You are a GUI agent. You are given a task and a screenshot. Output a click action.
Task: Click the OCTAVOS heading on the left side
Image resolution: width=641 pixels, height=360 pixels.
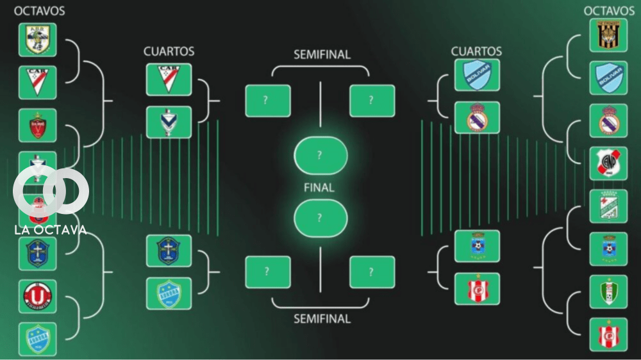(x=39, y=11)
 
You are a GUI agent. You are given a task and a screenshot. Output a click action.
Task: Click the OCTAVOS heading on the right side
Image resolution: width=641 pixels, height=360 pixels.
(x=609, y=11)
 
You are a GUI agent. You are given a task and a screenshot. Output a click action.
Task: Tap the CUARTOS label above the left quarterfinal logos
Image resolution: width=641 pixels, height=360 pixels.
(x=169, y=51)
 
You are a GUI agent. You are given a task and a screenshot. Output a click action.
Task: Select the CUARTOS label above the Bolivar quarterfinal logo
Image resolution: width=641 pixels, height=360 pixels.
(x=476, y=51)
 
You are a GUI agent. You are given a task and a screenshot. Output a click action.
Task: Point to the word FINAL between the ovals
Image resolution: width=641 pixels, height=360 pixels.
(x=319, y=188)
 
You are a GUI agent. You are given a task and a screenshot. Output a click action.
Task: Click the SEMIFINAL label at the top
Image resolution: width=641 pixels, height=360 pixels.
(x=322, y=55)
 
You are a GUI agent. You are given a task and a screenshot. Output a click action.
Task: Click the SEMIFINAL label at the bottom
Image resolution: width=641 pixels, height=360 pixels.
(x=322, y=318)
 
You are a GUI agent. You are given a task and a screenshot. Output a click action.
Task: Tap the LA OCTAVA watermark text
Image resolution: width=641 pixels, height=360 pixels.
(x=50, y=230)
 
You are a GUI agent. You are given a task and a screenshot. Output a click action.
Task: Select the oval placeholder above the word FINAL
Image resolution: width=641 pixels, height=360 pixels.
(x=320, y=156)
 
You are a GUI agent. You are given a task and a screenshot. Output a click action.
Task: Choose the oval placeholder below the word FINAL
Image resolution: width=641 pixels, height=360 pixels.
(x=320, y=218)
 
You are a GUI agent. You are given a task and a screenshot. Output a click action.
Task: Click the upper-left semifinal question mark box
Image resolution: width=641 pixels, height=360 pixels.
(x=268, y=101)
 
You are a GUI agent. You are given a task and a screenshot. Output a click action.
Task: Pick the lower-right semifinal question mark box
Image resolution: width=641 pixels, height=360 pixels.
(x=372, y=272)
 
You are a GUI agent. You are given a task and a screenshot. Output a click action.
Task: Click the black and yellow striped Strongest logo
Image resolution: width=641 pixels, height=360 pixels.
(x=608, y=35)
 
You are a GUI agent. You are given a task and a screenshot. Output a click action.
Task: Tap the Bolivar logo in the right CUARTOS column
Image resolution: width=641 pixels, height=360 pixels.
(x=477, y=75)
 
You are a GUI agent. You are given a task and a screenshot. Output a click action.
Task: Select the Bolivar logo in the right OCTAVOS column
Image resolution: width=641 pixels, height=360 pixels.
(x=608, y=78)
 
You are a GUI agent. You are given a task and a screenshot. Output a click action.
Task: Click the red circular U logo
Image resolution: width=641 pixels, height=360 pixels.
(x=37, y=296)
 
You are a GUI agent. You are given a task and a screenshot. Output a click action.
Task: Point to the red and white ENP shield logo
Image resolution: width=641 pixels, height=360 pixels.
(x=608, y=163)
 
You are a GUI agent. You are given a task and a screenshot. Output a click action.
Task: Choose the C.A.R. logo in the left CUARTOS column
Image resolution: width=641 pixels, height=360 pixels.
(x=169, y=79)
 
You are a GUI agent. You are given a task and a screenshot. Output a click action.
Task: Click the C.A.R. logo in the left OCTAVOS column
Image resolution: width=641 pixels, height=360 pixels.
(x=37, y=82)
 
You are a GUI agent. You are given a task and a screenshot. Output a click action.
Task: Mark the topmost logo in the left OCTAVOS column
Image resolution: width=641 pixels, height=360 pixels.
(x=37, y=40)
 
